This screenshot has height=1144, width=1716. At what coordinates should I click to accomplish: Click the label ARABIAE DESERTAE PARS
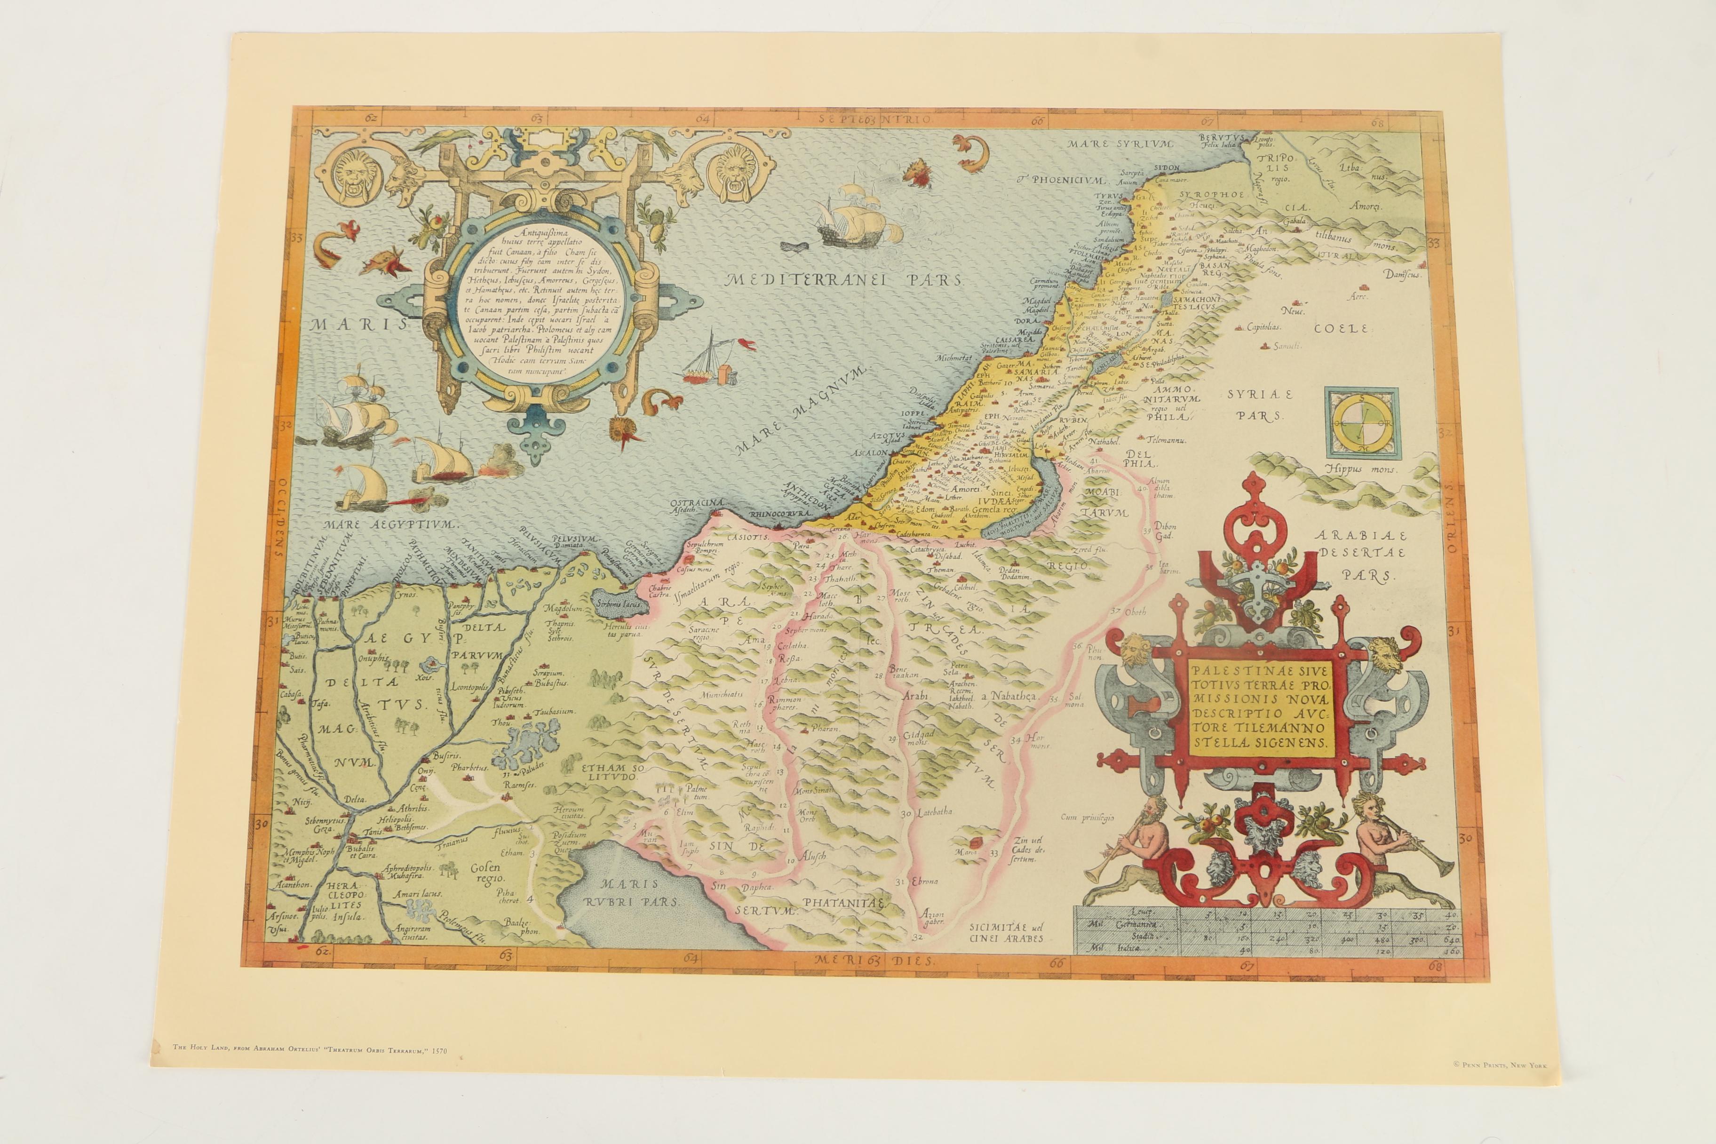coord(1361,555)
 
